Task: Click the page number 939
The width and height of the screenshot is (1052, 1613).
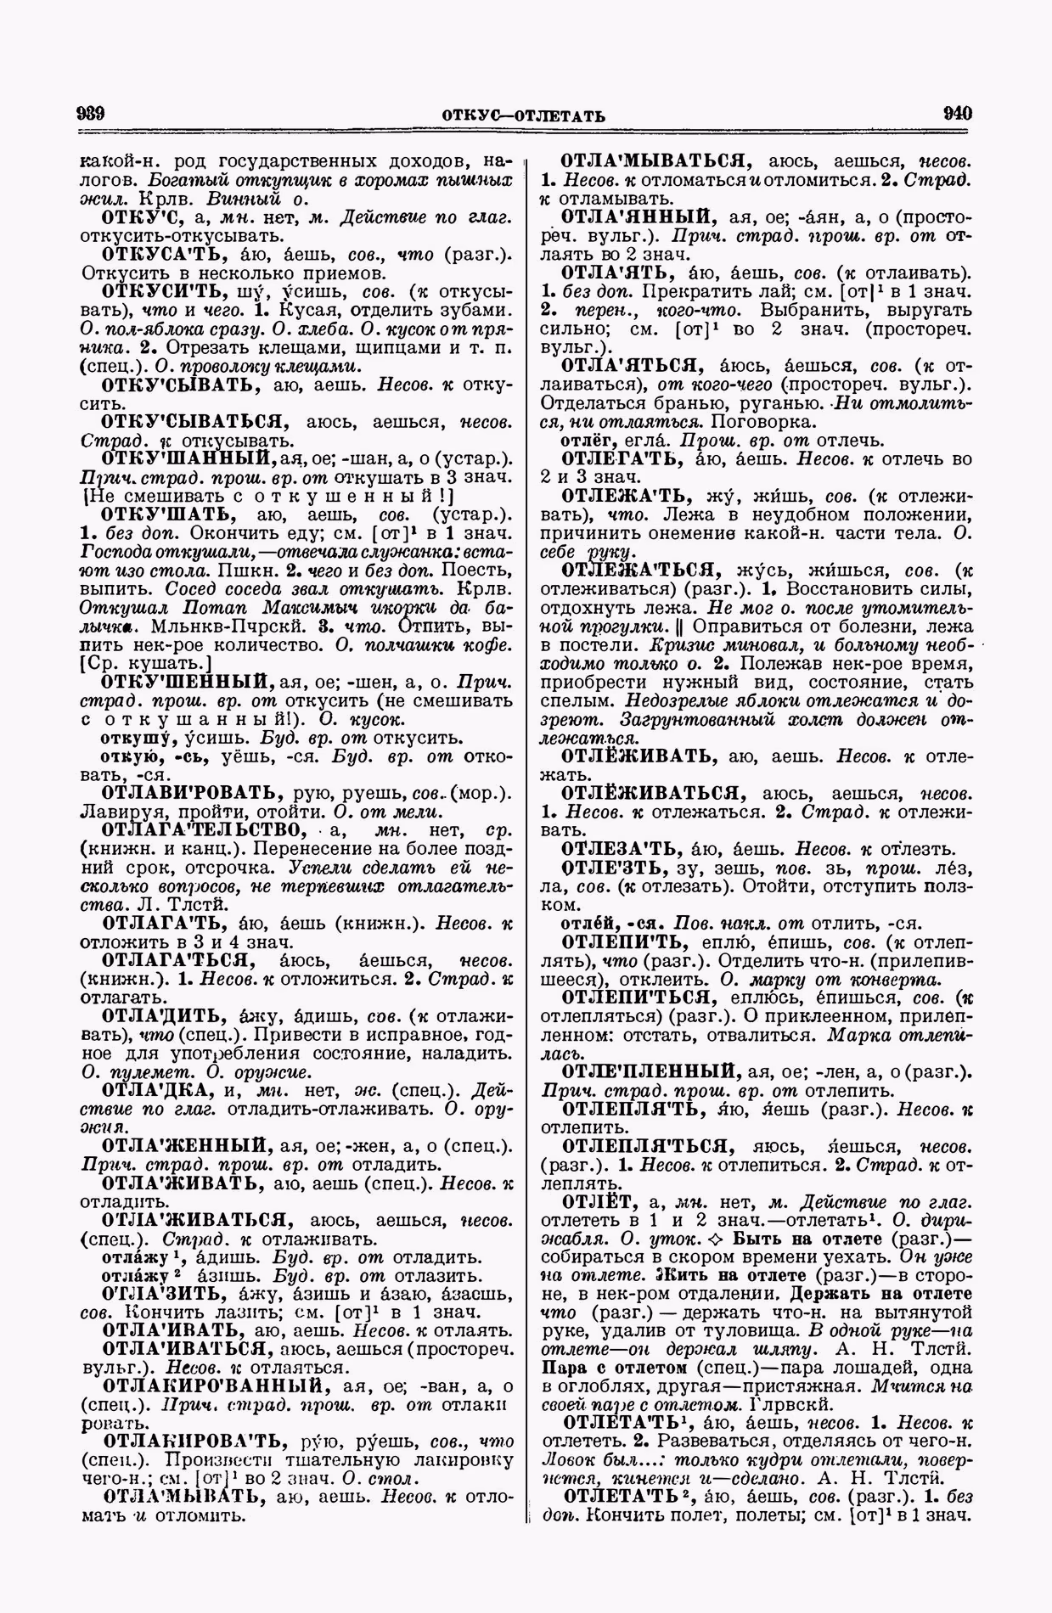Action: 90,114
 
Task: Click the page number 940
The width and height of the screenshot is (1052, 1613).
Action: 956,114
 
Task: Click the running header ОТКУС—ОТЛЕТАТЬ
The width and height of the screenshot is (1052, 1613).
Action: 523,115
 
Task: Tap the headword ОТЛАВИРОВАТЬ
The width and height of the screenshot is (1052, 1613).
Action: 192,793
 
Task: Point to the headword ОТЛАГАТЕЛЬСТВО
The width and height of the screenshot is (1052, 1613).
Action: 201,829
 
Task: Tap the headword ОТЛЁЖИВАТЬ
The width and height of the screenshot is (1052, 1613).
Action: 638,755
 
